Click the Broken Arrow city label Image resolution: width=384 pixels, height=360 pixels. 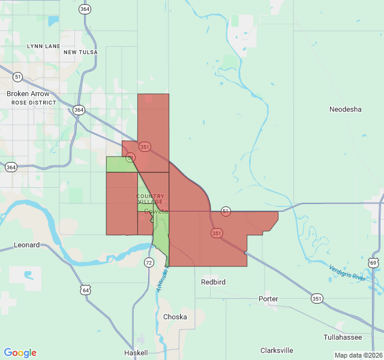pyautogui.click(x=31, y=94)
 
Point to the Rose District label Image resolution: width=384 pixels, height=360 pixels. pyautogui.click(x=34, y=103)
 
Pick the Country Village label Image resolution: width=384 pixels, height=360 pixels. pyautogui.click(x=150, y=199)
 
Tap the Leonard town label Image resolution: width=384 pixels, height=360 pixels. pyautogui.click(x=27, y=245)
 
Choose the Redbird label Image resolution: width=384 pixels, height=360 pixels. pyautogui.click(x=213, y=281)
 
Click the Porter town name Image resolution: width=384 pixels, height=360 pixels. pyautogui.click(x=268, y=298)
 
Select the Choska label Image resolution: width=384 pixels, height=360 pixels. pyautogui.click(x=175, y=317)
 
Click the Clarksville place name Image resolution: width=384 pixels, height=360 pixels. pyautogui.click(x=277, y=350)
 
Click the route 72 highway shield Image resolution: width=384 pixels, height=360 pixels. pyautogui.click(x=149, y=263)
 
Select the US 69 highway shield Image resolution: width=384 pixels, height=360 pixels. pyautogui.click(x=374, y=263)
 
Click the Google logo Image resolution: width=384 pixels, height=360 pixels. pyautogui.click(x=20, y=353)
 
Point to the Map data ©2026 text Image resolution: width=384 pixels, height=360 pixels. pyautogui.click(x=358, y=355)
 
